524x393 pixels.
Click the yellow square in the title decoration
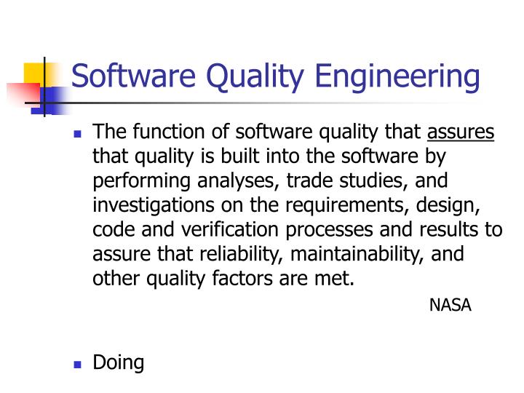[35, 74]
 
